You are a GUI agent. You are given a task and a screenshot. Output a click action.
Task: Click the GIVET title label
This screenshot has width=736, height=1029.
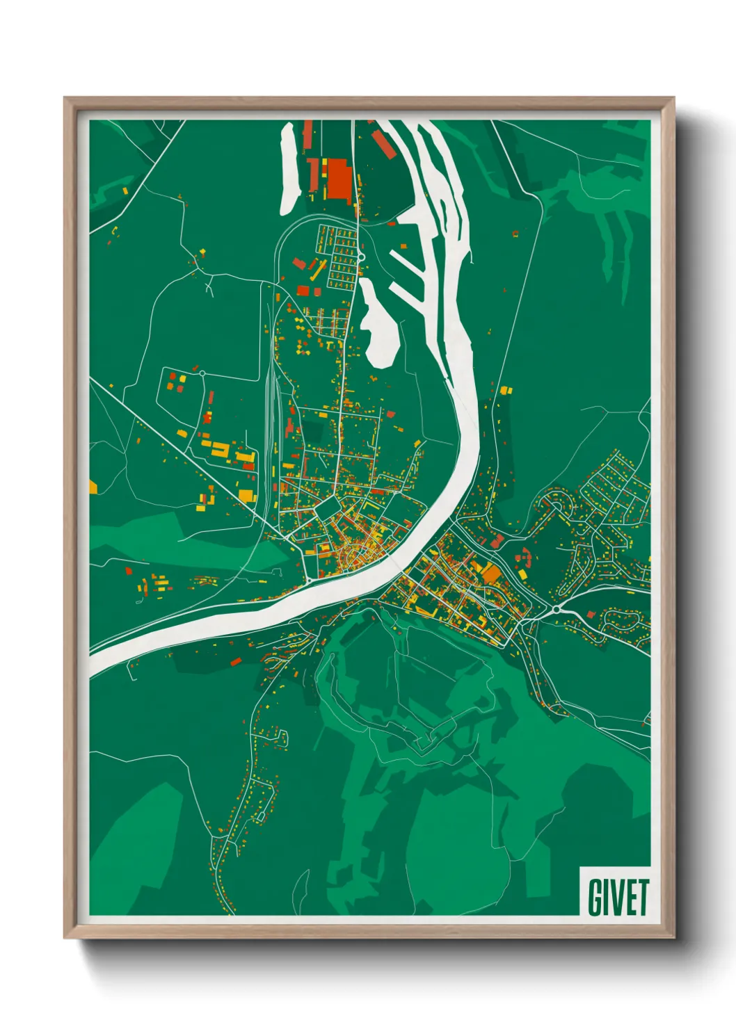click(x=617, y=897)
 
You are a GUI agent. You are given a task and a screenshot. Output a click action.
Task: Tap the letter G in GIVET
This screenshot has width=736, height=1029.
click(x=596, y=898)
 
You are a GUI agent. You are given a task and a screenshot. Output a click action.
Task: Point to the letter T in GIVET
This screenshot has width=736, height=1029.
click(x=641, y=898)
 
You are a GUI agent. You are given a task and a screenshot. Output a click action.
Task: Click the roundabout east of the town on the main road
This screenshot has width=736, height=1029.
click(x=557, y=610)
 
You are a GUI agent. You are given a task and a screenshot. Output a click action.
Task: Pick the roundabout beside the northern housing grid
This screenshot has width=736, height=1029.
click(x=362, y=258)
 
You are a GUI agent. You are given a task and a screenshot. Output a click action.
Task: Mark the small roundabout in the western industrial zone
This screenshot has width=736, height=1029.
click(x=202, y=373)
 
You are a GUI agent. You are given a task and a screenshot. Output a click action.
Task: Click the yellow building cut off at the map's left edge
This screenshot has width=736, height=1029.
click(x=93, y=486)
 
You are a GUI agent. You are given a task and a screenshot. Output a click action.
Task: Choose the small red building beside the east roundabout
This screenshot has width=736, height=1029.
click(x=591, y=615)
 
